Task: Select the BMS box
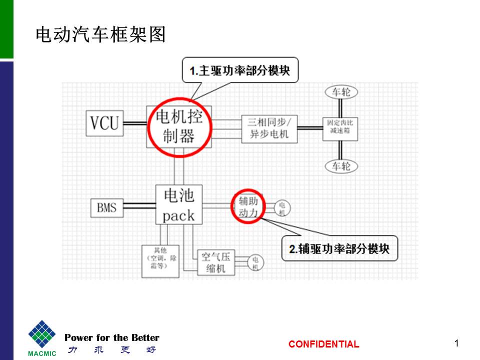point(107,206)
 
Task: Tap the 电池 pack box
point(178,204)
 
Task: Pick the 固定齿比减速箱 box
point(340,125)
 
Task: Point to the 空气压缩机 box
point(215,263)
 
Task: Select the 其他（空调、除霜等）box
point(160,261)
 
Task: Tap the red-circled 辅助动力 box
point(248,206)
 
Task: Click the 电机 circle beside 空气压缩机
point(255,263)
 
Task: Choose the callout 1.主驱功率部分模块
point(239,70)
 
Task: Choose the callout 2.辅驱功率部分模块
point(339,248)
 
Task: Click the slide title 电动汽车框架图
point(100,34)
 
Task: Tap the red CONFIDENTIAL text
point(323,344)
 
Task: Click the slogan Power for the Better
point(111,337)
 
